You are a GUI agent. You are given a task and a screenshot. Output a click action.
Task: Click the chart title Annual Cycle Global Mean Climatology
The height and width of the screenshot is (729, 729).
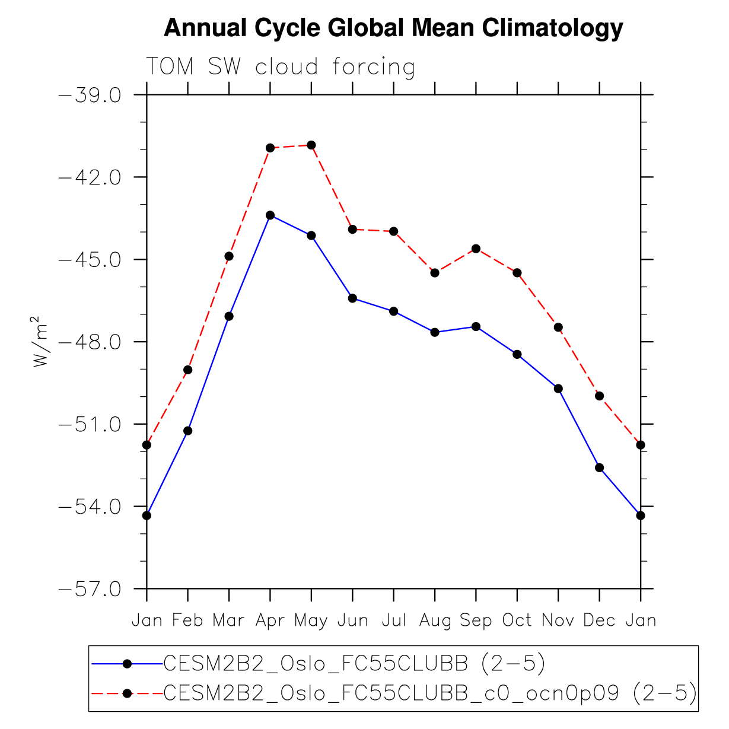[x=393, y=28]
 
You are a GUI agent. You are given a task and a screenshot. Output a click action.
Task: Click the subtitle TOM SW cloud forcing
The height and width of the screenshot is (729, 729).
[x=280, y=67]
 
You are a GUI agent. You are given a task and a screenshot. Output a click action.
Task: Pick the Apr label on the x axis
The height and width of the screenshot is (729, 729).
[x=270, y=620]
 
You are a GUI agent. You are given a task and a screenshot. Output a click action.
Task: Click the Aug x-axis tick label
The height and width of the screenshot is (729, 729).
[x=435, y=620]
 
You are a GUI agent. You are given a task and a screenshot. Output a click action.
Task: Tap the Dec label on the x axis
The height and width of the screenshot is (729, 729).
[x=599, y=620]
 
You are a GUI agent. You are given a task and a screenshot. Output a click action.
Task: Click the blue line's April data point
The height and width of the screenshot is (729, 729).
[x=270, y=215]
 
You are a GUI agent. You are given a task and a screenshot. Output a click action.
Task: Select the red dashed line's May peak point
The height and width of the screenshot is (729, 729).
[x=311, y=145]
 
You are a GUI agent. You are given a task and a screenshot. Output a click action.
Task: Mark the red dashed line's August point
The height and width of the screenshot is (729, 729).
[x=435, y=273]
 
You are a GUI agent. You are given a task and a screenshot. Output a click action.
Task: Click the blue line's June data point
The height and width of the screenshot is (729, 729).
[x=352, y=298]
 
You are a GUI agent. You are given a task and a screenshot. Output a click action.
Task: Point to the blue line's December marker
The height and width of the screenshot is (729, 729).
[x=599, y=467]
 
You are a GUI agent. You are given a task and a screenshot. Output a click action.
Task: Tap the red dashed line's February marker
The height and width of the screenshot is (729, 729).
[x=188, y=370]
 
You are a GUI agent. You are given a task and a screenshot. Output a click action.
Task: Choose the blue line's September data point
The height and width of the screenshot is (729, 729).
[x=476, y=327]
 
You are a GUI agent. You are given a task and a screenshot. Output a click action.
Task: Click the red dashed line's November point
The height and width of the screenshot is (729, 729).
[x=558, y=327]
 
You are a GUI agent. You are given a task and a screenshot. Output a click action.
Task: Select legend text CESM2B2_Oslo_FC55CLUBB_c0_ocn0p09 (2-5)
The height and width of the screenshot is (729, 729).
[x=429, y=693]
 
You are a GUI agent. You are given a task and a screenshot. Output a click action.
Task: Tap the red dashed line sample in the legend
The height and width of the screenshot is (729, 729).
[x=127, y=693]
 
